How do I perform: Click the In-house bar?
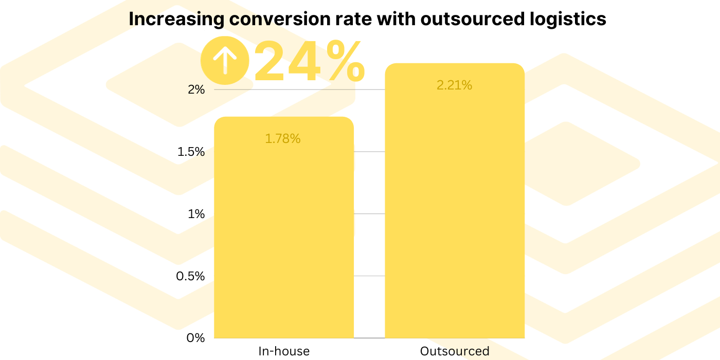283,231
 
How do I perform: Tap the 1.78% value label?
283,138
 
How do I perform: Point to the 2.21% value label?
455,85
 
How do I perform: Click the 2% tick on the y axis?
196,90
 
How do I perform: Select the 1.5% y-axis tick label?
191,152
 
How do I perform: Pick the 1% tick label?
196,214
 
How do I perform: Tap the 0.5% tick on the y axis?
190,276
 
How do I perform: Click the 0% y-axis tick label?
196,338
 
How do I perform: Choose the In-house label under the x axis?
284,352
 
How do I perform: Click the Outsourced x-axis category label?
455,352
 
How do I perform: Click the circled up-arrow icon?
224,60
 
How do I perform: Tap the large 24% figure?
309,62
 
